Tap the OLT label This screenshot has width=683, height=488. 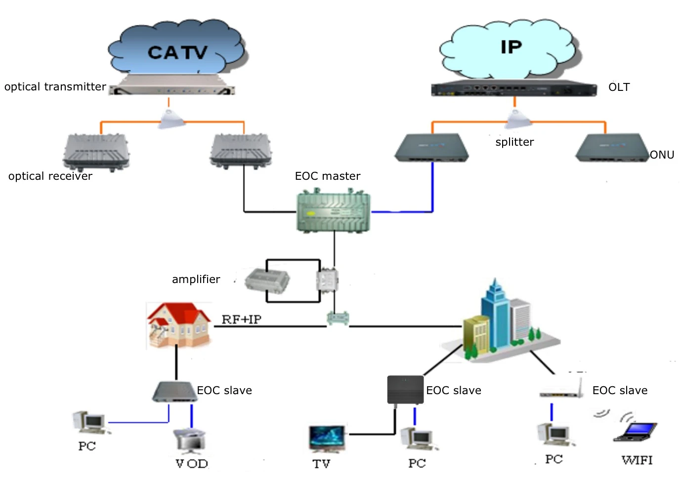coord(619,87)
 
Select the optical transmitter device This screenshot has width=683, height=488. coord(172,85)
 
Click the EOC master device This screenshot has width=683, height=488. coord(334,210)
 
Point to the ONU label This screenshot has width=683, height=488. coord(662,155)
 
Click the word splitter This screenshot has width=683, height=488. coord(514,142)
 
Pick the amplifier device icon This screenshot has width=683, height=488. coord(267,281)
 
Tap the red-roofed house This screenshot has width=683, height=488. coord(179,325)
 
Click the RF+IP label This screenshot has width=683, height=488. coord(241,319)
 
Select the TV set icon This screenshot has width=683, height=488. coord(327,439)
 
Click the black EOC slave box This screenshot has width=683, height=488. coord(405,390)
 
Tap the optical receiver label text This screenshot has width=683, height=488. coord(50,176)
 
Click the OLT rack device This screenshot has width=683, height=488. coord(514,88)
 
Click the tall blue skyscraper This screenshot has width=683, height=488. coord(495,314)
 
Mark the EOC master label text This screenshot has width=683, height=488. coord(328,176)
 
